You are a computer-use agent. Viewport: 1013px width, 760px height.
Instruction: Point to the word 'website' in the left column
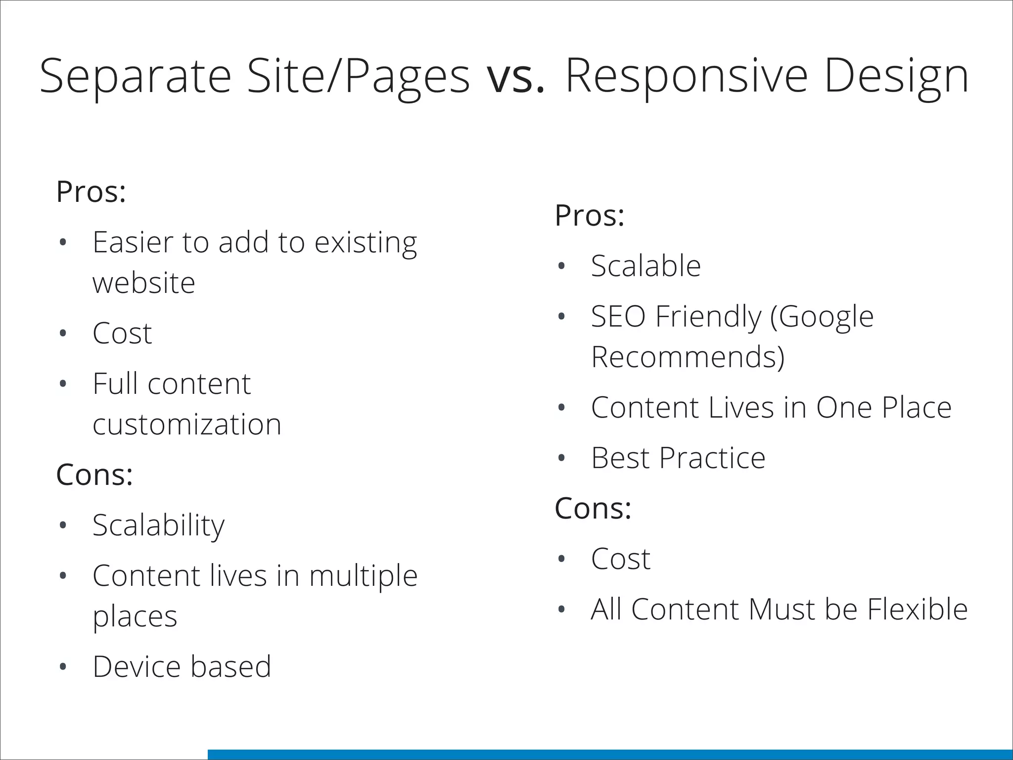[143, 283]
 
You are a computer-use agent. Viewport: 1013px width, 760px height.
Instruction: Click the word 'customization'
[187, 425]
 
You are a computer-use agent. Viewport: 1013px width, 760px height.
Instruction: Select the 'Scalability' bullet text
[158, 525]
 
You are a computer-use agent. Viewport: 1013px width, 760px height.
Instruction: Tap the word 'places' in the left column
[135, 617]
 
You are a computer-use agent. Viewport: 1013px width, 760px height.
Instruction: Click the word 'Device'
[137, 666]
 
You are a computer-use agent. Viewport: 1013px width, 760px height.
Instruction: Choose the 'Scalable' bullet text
[645, 266]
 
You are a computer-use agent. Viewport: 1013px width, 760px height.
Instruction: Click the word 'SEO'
[618, 317]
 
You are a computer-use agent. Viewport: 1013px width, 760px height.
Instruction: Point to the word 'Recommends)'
[688, 357]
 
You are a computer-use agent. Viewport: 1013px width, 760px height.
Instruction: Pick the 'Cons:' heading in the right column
[593, 508]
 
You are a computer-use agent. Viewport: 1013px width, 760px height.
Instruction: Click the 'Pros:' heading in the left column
[91, 191]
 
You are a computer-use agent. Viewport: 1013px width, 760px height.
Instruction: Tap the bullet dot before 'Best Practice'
[561, 459]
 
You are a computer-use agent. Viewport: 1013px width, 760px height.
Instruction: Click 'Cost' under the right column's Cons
[620, 559]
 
